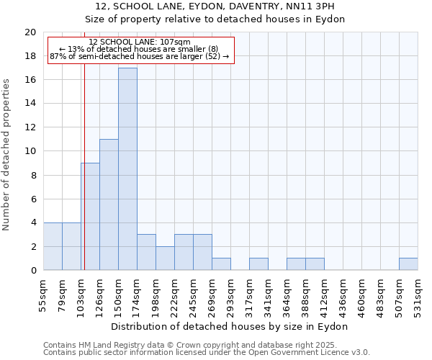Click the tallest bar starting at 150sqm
[127, 169]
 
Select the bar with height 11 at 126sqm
[109, 204]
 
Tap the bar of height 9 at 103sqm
[90, 216]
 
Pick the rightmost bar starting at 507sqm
[408, 264]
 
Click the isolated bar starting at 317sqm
[258, 264]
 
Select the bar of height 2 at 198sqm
[165, 258]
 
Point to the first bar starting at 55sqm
[53, 246]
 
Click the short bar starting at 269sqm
[221, 264]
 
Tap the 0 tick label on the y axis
[32, 271]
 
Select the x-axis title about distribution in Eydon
[230, 326]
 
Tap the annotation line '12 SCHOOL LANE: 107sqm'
[140, 42]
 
